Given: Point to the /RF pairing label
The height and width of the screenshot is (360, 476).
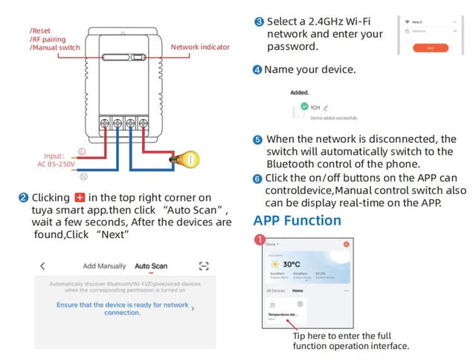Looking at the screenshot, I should (49, 39).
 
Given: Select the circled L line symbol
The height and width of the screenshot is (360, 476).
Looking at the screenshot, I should (81, 151).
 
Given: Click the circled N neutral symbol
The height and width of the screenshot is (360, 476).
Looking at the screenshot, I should (85, 176).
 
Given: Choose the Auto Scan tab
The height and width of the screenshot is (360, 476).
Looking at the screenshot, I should (150, 266).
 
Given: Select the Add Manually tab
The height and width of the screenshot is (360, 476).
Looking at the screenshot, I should (104, 266).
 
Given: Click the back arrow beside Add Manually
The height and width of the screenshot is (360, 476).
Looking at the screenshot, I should (42, 266).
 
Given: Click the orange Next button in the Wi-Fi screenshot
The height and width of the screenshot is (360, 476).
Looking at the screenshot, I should (432, 47).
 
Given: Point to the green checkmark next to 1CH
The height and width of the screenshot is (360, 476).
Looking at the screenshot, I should (304, 107).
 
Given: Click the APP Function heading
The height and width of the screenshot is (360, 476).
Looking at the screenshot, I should (297, 220).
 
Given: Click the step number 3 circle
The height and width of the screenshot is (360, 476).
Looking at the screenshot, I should (259, 22).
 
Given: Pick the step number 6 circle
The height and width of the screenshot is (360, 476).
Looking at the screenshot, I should (258, 179).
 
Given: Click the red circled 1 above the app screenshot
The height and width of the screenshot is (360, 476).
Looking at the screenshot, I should (260, 240).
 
